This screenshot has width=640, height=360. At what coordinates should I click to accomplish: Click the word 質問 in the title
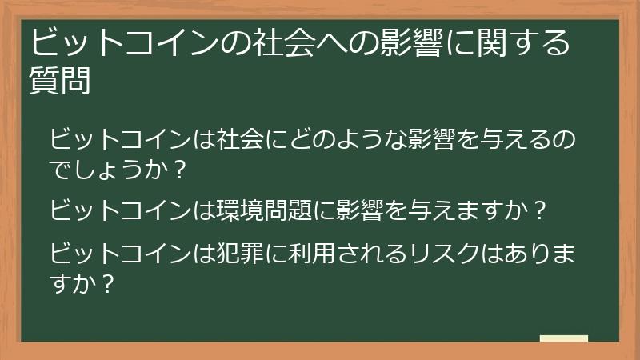point(59,81)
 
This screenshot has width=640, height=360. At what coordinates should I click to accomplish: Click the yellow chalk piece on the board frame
point(563,338)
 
